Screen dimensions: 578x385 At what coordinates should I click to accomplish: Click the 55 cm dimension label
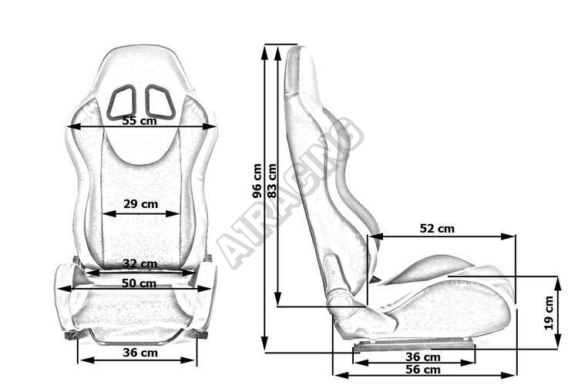pos(139,121)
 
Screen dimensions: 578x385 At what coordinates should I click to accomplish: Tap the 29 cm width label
pos(140,204)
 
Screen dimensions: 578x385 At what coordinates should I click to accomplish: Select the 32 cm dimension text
pos(139,264)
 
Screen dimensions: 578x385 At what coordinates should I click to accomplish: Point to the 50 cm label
pos(139,283)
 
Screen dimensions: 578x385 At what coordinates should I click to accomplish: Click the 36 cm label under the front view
pos(140,353)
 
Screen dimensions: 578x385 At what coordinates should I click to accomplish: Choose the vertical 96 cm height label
pos(257,181)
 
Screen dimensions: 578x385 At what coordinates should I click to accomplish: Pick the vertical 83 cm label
pos(272,181)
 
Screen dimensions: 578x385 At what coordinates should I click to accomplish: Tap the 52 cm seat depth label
pos(437,229)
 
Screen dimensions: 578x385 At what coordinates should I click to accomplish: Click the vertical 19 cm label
pos(549,313)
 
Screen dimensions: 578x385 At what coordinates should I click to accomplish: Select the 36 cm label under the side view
pos(423,357)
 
